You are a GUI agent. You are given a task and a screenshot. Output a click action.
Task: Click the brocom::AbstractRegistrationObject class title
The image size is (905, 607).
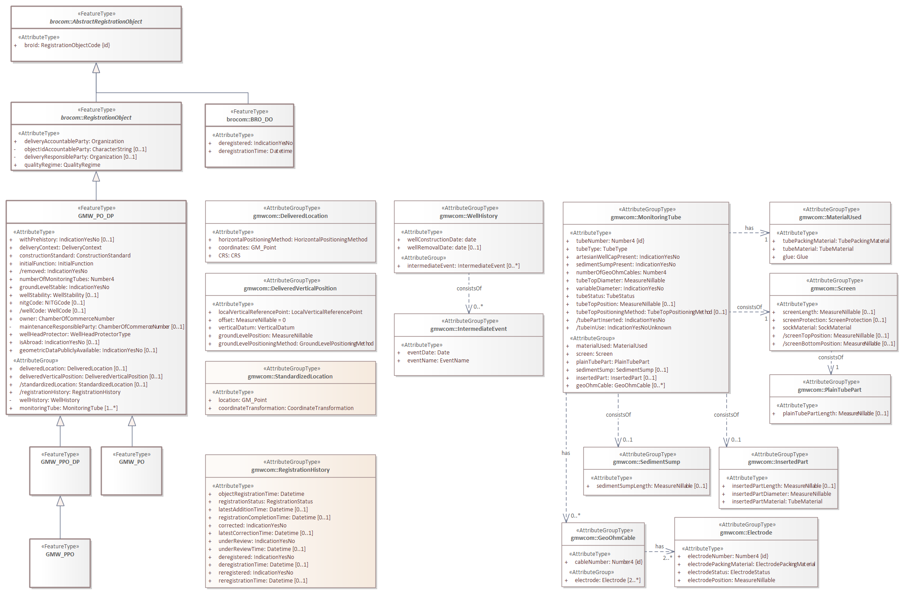[96, 22]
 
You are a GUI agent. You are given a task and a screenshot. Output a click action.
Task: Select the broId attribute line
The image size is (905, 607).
[67, 45]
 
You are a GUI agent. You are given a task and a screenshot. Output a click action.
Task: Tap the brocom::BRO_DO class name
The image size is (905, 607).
[249, 120]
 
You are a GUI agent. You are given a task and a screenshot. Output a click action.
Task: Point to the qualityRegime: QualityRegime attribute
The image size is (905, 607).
[62, 165]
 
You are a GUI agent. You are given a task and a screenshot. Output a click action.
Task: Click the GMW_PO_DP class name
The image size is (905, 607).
[96, 216]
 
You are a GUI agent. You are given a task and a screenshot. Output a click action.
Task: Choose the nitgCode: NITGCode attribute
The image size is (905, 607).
[52, 303]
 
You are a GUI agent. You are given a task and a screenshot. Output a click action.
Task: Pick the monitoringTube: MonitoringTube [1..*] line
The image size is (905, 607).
[68, 408]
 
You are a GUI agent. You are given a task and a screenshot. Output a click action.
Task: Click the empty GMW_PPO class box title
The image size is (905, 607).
[60, 555]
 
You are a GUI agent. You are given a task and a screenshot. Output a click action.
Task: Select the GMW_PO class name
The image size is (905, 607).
[132, 462]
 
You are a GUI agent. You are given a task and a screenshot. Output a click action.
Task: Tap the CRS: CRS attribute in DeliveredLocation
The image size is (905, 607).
[229, 256]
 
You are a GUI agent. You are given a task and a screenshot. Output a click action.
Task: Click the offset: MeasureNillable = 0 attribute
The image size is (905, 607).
[252, 320]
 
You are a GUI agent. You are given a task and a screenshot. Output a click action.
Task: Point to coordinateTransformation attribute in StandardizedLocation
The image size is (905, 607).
[286, 408]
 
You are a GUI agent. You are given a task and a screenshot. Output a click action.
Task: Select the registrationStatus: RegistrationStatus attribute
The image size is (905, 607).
[265, 502]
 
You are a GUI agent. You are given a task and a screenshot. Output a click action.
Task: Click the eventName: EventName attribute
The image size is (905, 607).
[438, 361]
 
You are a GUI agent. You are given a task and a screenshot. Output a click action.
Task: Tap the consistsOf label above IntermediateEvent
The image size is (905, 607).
[469, 289]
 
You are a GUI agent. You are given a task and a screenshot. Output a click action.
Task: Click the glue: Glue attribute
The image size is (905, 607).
[795, 257]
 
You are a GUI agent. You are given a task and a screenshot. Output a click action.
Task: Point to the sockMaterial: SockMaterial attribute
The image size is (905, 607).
[817, 328]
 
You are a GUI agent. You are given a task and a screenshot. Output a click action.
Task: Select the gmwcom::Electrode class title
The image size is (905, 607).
[746, 533]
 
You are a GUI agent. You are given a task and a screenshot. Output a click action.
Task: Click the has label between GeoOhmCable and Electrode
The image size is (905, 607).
[659, 547]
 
